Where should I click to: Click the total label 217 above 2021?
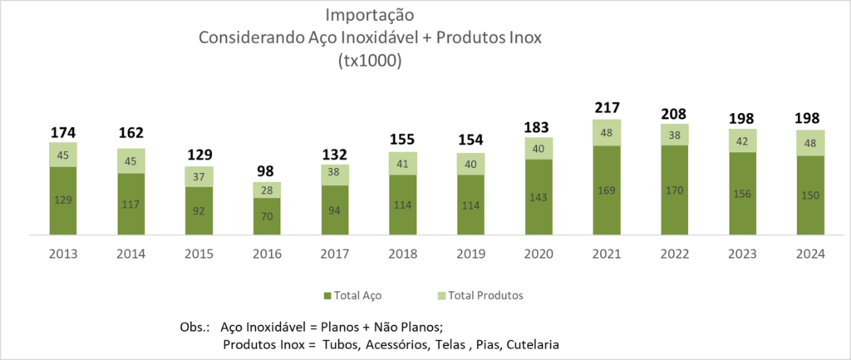607,107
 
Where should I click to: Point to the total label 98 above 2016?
267,171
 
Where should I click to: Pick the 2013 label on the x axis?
63,254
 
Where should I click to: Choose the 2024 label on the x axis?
810,254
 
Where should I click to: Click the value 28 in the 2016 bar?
267,190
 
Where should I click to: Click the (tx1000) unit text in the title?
370,61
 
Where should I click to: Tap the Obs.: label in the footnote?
195,327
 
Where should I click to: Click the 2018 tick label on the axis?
403,254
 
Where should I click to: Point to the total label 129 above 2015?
199,155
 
